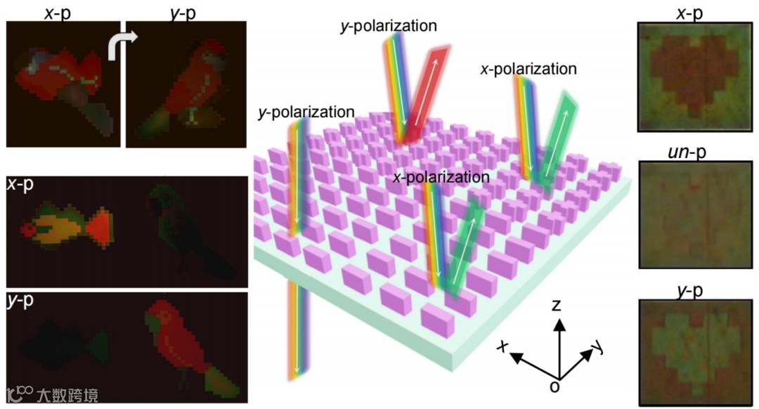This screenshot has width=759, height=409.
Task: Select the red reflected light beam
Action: (x=424, y=94)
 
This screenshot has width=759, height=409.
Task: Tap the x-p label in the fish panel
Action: (x=21, y=186)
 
